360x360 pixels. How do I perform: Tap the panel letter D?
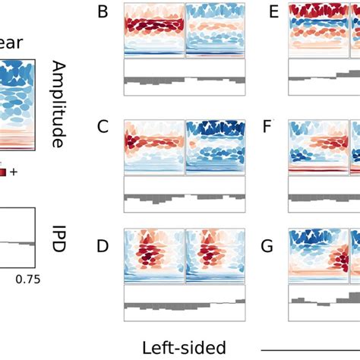point(103,247)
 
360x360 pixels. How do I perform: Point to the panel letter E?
point(268,12)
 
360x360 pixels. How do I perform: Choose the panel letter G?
point(268,247)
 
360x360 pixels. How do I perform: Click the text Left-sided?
point(184,347)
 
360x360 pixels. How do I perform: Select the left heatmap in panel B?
point(154,30)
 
